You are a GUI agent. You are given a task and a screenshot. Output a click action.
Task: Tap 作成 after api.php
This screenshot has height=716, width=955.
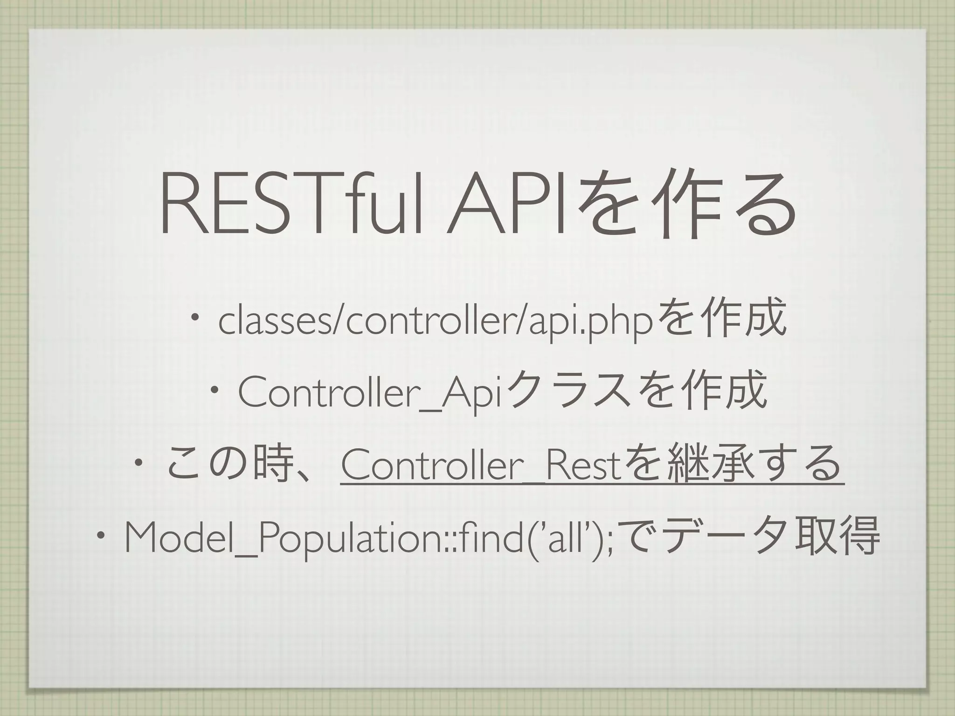point(746,320)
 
